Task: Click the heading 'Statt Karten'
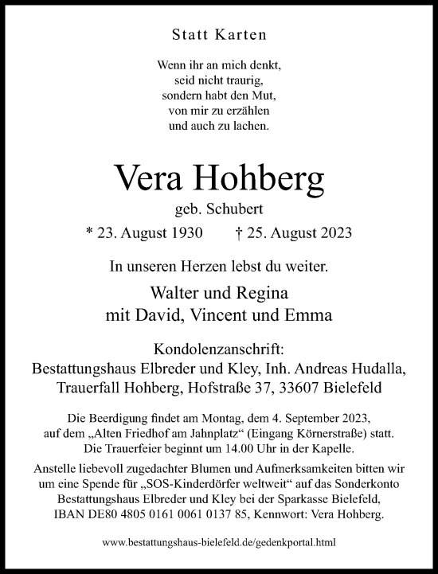coord(219,34)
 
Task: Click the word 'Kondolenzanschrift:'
coord(219,349)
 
